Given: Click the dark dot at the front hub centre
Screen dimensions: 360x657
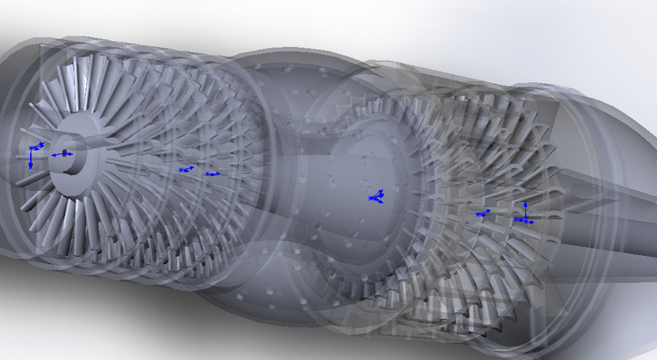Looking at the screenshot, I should [64, 153].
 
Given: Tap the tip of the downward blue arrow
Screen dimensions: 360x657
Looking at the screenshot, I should [31, 166].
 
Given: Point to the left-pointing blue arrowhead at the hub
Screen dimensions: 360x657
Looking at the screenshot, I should [53, 155].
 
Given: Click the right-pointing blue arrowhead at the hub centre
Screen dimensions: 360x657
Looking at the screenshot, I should [71, 153].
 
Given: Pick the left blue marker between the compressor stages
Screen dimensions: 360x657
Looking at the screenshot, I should [183, 169].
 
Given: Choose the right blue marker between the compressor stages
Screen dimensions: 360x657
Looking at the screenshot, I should [211, 174].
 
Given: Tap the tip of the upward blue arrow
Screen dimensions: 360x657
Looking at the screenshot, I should [525, 203].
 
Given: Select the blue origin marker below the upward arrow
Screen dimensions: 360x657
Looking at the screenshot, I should [524, 220].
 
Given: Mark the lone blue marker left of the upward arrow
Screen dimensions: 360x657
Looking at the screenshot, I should [482, 214].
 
